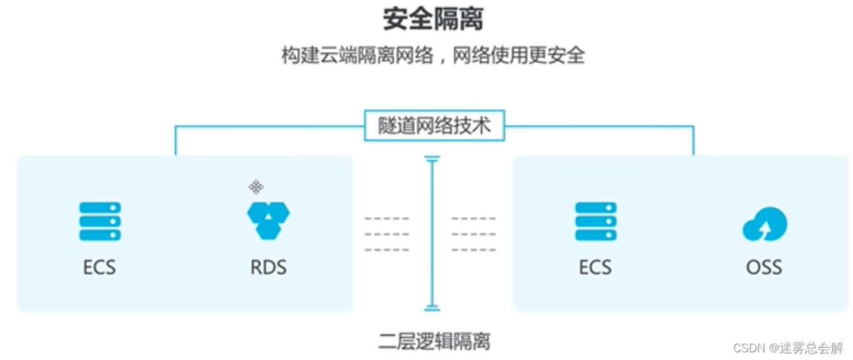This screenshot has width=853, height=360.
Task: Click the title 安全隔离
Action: click(433, 19)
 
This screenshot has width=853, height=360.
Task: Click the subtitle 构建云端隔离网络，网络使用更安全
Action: click(433, 55)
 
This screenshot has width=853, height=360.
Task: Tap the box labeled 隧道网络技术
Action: click(434, 126)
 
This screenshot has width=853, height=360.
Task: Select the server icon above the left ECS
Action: click(100, 221)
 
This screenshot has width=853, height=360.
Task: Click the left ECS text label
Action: click(100, 266)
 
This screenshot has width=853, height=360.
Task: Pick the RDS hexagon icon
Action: click(268, 220)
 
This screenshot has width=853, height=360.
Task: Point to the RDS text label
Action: click(268, 266)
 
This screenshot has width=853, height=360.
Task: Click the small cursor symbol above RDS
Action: click(256, 187)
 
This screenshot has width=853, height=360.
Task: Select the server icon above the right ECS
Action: click(596, 221)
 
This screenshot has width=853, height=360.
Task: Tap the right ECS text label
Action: click(596, 266)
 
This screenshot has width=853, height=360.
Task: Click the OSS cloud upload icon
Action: click(765, 224)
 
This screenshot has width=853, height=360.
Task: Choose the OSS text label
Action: click(764, 266)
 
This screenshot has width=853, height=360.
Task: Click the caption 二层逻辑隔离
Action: click(434, 341)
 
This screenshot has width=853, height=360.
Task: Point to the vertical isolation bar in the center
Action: click(432, 234)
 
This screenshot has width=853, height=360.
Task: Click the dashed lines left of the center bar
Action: click(387, 234)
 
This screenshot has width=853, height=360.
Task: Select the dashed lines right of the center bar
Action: click(474, 234)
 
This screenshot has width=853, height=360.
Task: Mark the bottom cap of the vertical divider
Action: click(432, 309)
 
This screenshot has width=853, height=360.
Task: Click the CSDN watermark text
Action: click(788, 348)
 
